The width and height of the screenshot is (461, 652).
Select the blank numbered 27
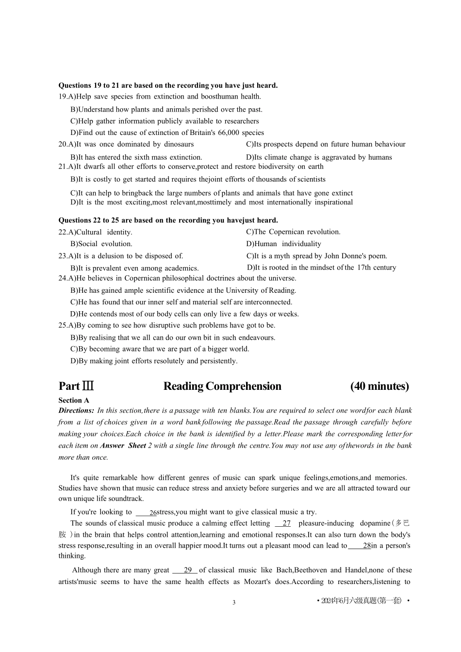(x=283, y=523)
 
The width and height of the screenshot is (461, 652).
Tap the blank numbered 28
(x=360, y=546)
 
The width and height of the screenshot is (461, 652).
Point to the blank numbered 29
(x=185, y=570)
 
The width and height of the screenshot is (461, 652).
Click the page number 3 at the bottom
(x=234, y=602)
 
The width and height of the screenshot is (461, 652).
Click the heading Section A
(x=74, y=401)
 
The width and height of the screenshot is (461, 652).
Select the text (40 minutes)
(x=379, y=386)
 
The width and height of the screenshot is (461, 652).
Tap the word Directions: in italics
(x=76, y=411)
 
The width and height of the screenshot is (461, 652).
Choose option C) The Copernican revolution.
(x=293, y=232)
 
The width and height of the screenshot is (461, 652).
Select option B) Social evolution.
(x=101, y=244)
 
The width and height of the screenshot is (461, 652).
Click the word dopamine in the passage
(x=375, y=523)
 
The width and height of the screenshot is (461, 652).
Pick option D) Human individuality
(x=284, y=244)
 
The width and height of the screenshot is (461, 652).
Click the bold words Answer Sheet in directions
(x=123, y=446)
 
